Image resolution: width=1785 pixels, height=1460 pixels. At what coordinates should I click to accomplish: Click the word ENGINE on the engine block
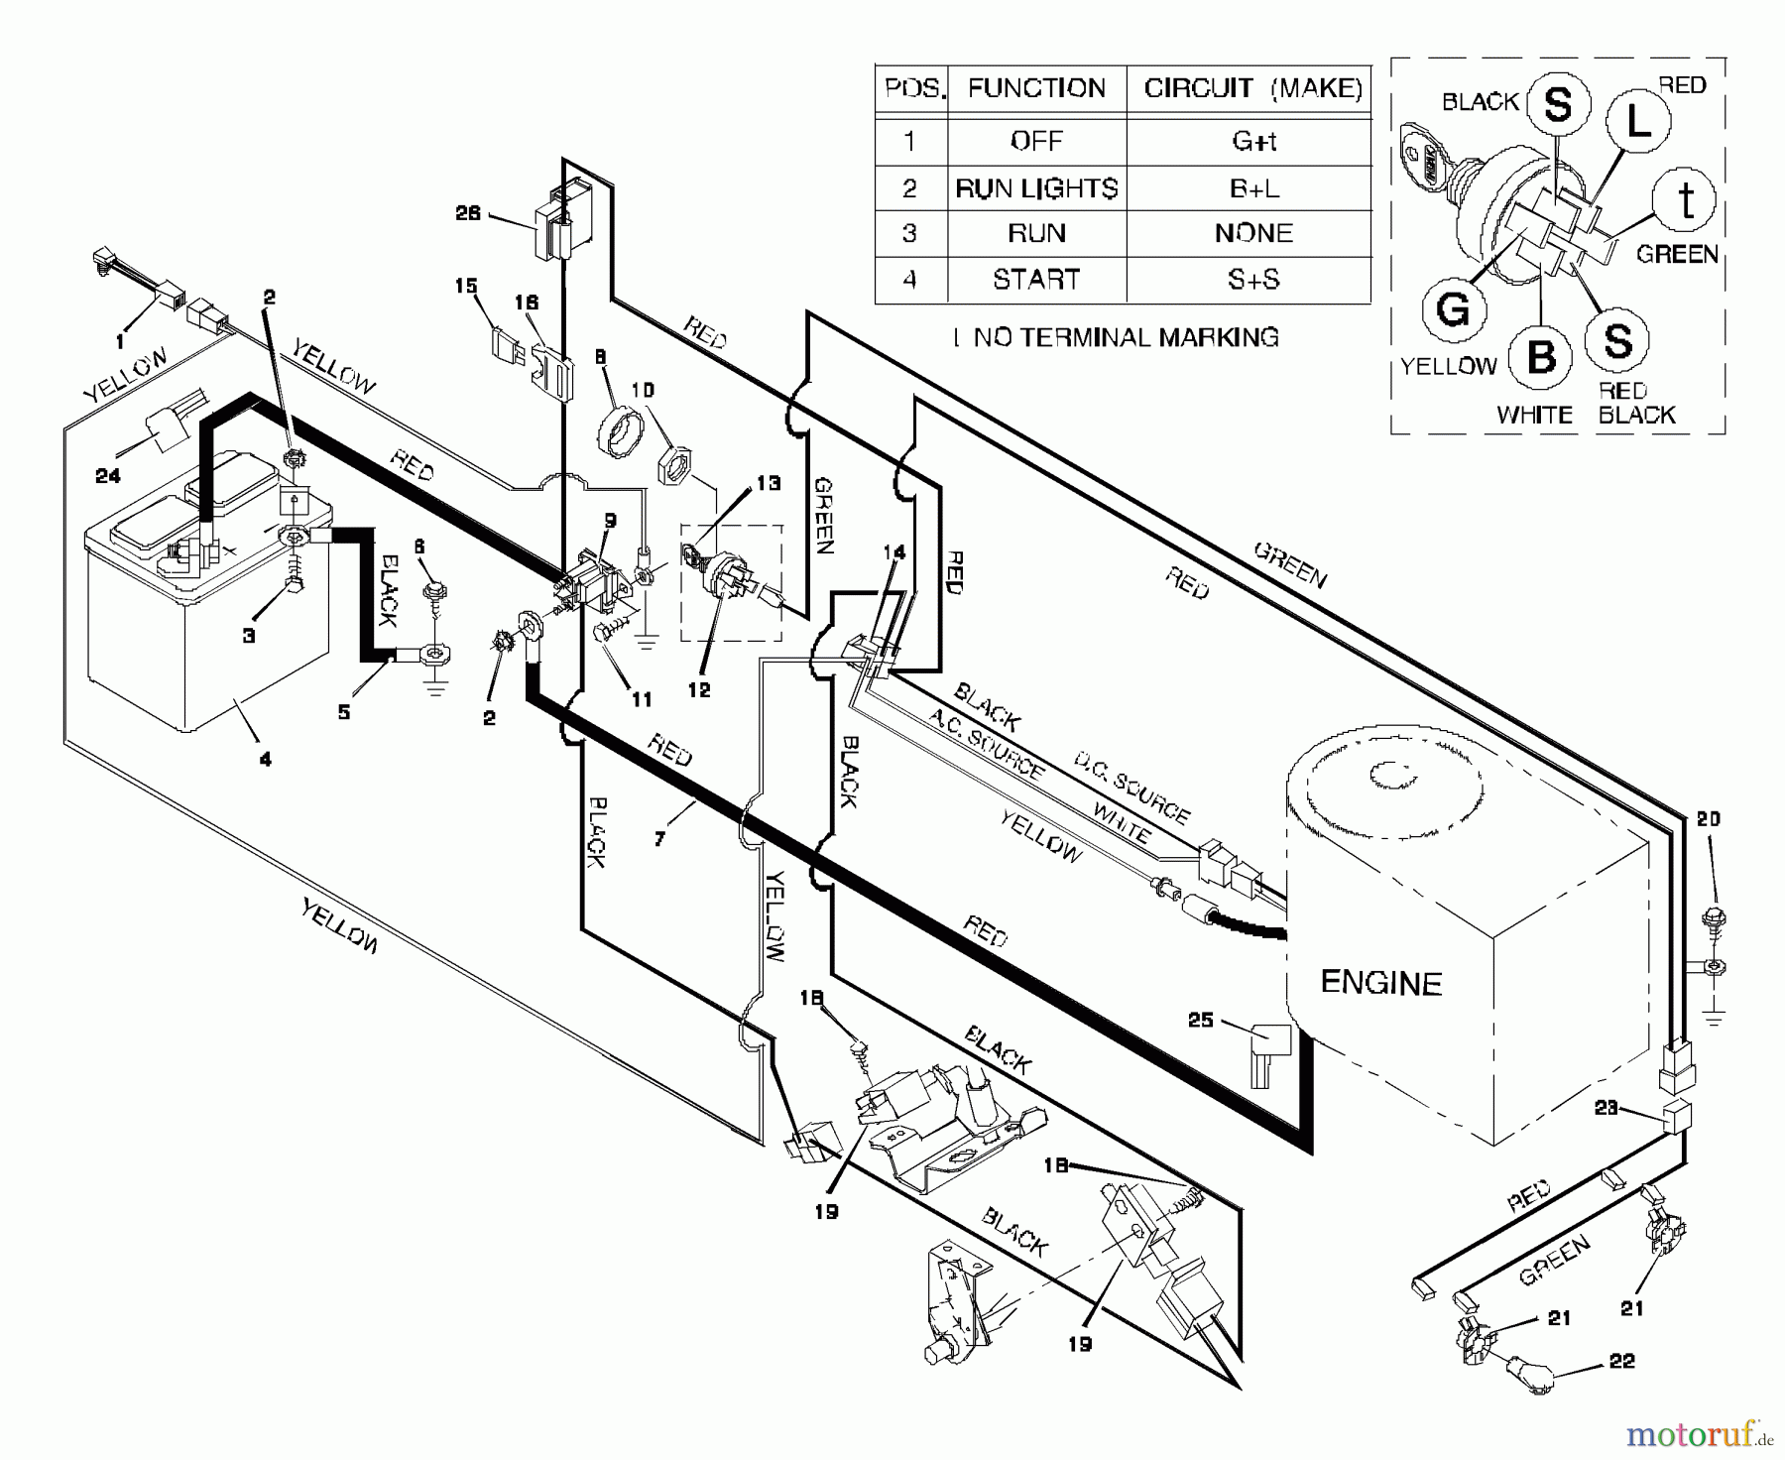1380,983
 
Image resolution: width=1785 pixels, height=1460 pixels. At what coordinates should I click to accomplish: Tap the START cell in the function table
1036,280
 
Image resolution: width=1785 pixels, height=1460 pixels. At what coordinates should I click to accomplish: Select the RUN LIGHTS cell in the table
1036,187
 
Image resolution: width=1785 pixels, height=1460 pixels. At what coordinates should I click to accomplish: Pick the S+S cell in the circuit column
1253,280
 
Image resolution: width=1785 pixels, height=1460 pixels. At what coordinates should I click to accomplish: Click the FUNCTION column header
1036,88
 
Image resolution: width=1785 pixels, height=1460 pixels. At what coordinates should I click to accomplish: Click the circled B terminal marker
1540,357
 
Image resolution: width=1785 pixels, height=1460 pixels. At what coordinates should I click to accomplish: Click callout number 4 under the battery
265,760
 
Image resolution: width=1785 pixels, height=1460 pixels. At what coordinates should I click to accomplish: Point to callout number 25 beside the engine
1200,1020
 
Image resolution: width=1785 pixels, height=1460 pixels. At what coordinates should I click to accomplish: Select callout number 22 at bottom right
1621,1361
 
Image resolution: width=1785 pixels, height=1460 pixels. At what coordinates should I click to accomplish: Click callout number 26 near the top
468,213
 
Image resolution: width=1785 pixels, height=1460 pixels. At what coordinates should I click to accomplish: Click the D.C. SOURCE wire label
1131,789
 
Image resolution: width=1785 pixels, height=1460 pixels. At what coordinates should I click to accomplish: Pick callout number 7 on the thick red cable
659,839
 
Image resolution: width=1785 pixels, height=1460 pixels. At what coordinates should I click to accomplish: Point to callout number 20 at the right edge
1708,819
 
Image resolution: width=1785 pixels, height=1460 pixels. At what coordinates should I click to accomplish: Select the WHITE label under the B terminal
1535,415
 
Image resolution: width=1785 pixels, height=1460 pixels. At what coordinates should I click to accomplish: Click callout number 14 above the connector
893,552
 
